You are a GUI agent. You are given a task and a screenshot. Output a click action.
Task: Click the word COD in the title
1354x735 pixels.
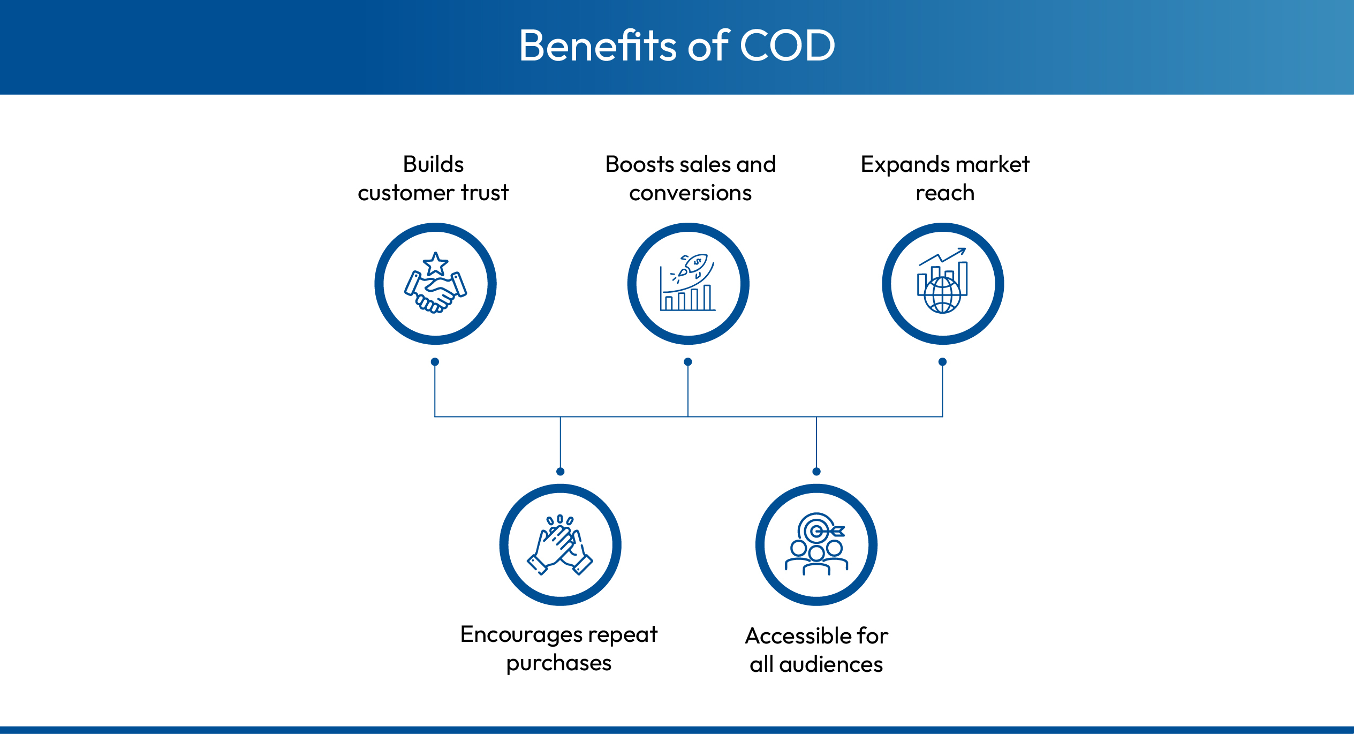(x=787, y=46)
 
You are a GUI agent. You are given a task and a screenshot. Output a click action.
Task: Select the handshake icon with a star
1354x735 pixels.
(x=435, y=283)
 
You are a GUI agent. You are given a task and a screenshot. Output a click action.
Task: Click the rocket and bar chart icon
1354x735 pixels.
(x=688, y=283)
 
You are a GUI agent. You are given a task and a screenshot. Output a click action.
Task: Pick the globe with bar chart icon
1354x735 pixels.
(x=942, y=281)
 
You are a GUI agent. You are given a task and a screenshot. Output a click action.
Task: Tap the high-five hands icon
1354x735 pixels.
(x=560, y=544)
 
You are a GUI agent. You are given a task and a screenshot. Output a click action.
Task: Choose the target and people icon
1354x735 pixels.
(x=816, y=544)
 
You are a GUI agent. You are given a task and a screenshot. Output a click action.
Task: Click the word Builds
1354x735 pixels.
(x=433, y=164)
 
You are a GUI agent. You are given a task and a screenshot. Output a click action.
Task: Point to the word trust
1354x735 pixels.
(x=485, y=193)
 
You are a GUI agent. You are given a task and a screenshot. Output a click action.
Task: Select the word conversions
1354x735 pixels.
(x=690, y=193)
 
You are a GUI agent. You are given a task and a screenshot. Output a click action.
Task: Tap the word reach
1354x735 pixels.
(x=945, y=193)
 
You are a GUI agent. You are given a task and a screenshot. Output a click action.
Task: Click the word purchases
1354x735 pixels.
(x=559, y=664)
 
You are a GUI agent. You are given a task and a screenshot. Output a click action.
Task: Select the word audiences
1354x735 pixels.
(x=831, y=664)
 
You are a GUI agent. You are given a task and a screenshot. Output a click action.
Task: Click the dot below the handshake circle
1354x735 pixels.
(x=435, y=362)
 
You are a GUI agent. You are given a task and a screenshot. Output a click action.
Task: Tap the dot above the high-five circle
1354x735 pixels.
(x=560, y=472)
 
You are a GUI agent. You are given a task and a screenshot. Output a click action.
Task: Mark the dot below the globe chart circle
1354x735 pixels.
(x=942, y=362)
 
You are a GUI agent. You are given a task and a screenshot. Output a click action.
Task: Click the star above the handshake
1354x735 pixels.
(x=435, y=264)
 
